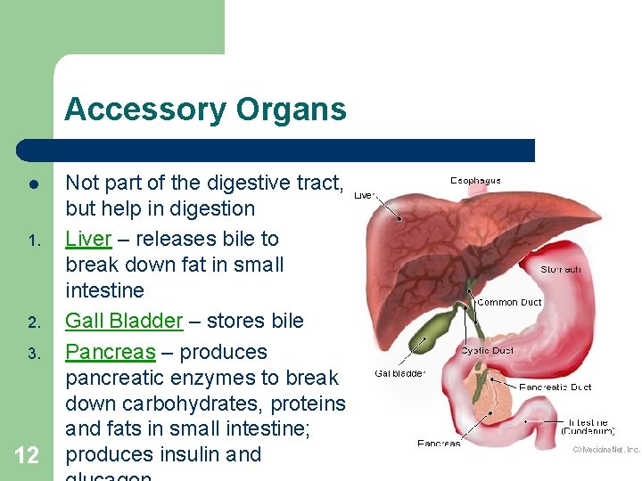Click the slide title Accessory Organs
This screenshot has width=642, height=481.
pos(205,110)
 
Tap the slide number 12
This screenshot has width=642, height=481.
pos(27,456)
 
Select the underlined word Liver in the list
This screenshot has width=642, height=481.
pos(88,239)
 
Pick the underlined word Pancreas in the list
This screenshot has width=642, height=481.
pos(111,352)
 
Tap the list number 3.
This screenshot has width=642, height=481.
pos(29,354)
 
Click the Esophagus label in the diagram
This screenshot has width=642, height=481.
pos(475,181)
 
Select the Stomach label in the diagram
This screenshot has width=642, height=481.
pos(561,269)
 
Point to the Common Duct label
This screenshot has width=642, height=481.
pos(509,303)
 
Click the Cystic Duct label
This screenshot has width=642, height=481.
pos(487,351)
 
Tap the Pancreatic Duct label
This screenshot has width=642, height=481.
pos(555,387)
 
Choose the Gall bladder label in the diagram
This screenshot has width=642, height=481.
pos(400,373)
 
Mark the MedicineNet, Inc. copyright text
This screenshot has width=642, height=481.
pos(606,450)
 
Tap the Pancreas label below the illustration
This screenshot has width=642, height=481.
pos(439,443)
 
